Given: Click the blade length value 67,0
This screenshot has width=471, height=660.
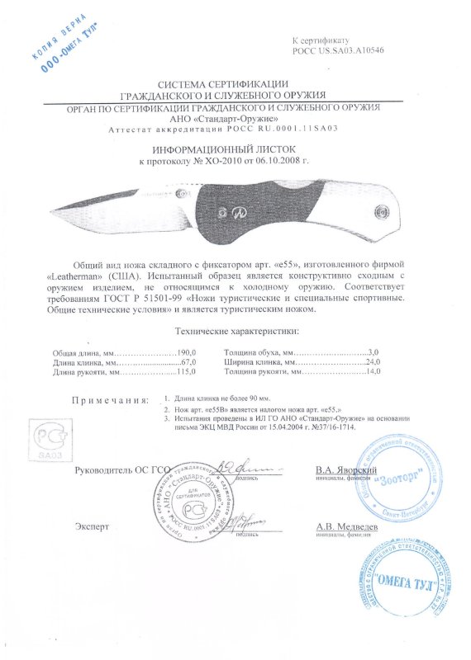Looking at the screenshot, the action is (x=187, y=361).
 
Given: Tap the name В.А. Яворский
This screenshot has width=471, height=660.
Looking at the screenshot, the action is (x=346, y=470).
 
